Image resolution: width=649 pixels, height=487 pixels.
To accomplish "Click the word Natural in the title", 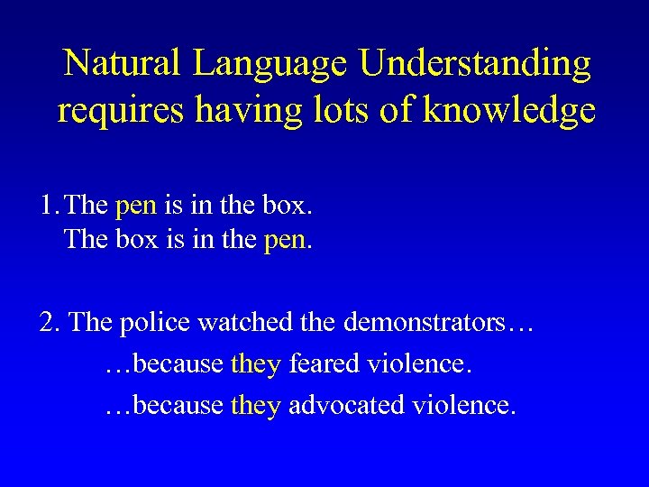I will pyautogui.click(x=124, y=63).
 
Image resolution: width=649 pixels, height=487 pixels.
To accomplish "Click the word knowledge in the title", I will pyautogui.click(x=509, y=110).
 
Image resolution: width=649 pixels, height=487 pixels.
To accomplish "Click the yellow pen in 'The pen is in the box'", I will pyautogui.click(x=136, y=207).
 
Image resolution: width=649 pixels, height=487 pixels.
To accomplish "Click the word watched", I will pyautogui.click(x=247, y=322).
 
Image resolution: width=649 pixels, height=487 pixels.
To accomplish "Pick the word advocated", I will pyautogui.click(x=346, y=405).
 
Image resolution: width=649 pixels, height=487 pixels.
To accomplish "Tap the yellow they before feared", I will pyautogui.click(x=256, y=364).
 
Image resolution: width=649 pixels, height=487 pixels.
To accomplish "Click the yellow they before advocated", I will pyautogui.click(x=256, y=406).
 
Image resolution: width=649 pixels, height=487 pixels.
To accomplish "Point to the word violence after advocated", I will pyautogui.click(x=462, y=405).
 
